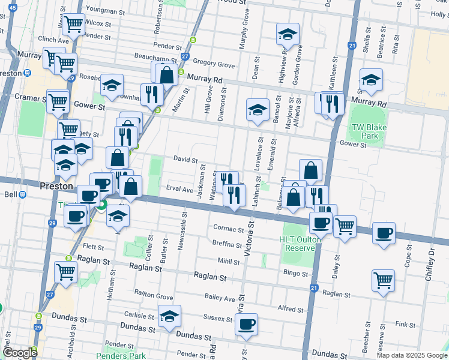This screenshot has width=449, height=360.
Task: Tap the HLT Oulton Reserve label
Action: click(297, 244)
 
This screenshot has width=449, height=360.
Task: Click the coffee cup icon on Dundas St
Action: click(246, 325)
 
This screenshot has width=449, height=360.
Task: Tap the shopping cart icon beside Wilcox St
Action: click(74, 25)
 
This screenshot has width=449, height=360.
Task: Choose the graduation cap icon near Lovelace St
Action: click(258, 110)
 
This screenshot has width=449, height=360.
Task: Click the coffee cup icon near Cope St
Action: click(384, 233)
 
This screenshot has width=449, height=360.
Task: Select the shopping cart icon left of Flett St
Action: click(65, 271)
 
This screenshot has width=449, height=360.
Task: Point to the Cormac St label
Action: click(227, 227)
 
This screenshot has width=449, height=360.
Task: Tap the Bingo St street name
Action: click(295, 274)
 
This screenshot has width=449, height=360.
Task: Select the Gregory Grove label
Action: click(214, 64)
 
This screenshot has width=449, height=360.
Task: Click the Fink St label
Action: click(406, 325)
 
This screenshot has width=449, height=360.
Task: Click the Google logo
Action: click(20, 353)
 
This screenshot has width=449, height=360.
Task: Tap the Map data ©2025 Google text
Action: click(411, 355)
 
